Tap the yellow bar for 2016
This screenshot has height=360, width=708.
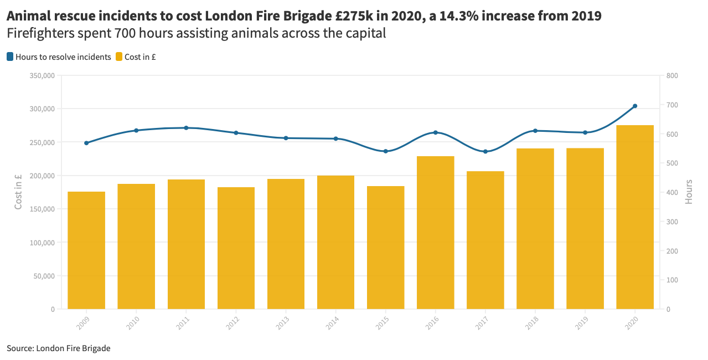pyautogui.click(x=435, y=233)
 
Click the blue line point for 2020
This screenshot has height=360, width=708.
pyautogui.click(x=635, y=106)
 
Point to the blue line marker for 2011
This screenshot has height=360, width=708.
pyautogui.click(x=186, y=128)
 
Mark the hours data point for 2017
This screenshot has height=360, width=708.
pyautogui.click(x=485, y=151)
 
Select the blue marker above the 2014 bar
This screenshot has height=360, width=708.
pyautogui.click(x=335, y=138)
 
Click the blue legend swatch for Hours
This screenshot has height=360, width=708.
pyautogui.click(x=10, y=56)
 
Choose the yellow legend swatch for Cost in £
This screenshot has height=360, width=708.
pyautogui.click(x=119, y=56)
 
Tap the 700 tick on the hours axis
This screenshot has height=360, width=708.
pyautogui.click(x=672, y=105)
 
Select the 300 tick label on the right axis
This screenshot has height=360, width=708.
pyautogui.click(x=672, y=222)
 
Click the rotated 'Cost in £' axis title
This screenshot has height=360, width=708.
pyautogui.click(x=18, y=192)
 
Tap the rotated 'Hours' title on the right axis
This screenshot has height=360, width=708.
pyautogui.click(x=689, y=192)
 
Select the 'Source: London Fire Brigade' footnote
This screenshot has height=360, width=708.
pyautogui.click(x=59, y=348)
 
